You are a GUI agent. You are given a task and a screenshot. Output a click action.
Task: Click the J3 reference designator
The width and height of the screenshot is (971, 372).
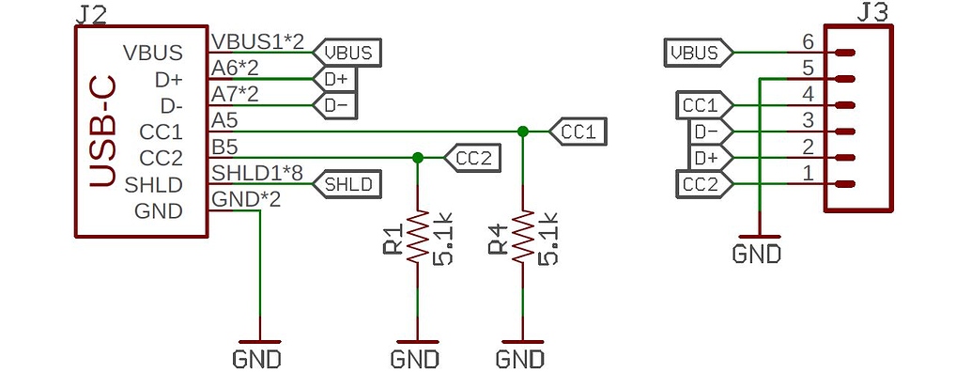[876, 13]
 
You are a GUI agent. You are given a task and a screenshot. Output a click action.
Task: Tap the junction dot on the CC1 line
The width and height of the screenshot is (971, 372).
[522, 131]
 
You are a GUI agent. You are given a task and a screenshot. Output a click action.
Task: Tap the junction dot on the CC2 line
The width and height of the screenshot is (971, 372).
[417, 157]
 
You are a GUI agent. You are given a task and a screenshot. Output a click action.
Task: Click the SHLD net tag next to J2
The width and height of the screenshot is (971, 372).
[348, 184]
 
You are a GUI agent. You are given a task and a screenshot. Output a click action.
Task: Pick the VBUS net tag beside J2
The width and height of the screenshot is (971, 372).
[348, 53]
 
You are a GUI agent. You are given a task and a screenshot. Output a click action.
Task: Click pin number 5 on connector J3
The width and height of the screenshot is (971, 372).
[807, 68]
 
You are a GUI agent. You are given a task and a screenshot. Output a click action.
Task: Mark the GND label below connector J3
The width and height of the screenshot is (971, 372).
[757, 254]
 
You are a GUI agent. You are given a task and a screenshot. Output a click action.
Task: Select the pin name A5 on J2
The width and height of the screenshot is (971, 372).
[224, 120]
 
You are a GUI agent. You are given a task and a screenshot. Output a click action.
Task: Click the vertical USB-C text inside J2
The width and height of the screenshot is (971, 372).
[103, 132]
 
